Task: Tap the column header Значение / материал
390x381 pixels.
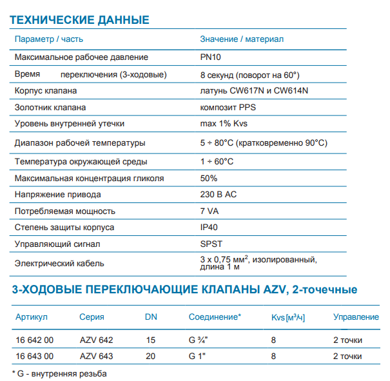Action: (x=242, y=39)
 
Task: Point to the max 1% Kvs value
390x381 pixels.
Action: (x=225, y=124)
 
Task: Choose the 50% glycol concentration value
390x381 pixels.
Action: (x=209, y=178)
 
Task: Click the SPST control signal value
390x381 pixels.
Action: (x=211, y=244)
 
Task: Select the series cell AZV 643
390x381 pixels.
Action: (x=96, y=355)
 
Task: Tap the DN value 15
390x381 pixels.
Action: (x=151, y=340)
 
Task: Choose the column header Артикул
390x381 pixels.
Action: (x=32, y=317)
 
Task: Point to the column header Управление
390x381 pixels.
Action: (x=356, y=317)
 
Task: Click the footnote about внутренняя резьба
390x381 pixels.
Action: (x=59, y=373)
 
